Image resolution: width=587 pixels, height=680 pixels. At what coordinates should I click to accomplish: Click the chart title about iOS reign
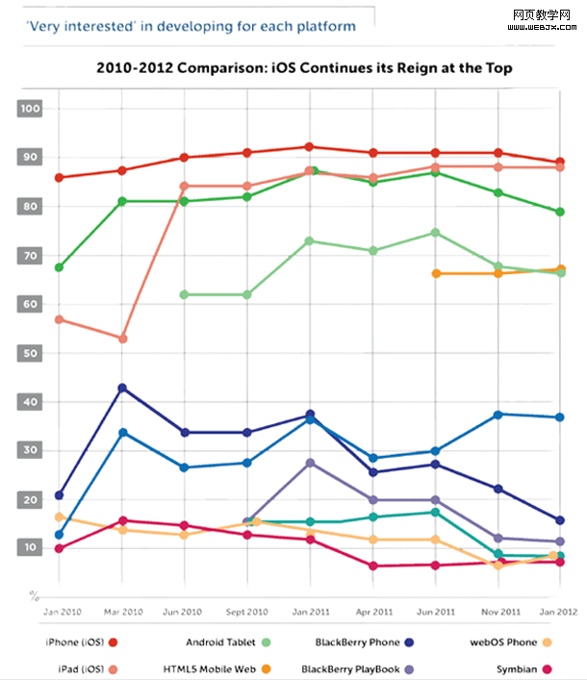tap(304, 68)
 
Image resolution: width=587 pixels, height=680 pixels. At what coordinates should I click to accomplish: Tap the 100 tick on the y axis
tap(30, 109)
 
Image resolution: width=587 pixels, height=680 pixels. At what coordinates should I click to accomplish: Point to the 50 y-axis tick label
tap(30, 353)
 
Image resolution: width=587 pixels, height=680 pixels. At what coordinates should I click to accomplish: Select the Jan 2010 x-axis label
tap(60, 611)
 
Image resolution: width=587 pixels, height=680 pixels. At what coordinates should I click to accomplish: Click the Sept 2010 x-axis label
tap(246, 611)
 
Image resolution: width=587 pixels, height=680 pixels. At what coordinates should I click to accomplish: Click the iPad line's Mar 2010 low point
tap(122, 339)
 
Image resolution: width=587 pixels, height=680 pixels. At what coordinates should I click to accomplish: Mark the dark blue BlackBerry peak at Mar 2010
tap(122, 388)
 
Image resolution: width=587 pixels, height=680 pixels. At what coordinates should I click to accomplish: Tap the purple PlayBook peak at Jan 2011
tap(309, 463)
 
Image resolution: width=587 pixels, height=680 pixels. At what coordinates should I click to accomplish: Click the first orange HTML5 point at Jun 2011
tap(436, 273)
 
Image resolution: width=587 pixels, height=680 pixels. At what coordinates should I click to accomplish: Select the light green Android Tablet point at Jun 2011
tap(436, 233)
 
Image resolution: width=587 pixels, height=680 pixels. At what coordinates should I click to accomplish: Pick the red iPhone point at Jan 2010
tap(60, 178)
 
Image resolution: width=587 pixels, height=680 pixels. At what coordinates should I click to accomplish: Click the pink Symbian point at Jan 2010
tap(60, 548)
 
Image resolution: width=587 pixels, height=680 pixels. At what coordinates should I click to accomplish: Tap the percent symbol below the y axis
tap(35, 593)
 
